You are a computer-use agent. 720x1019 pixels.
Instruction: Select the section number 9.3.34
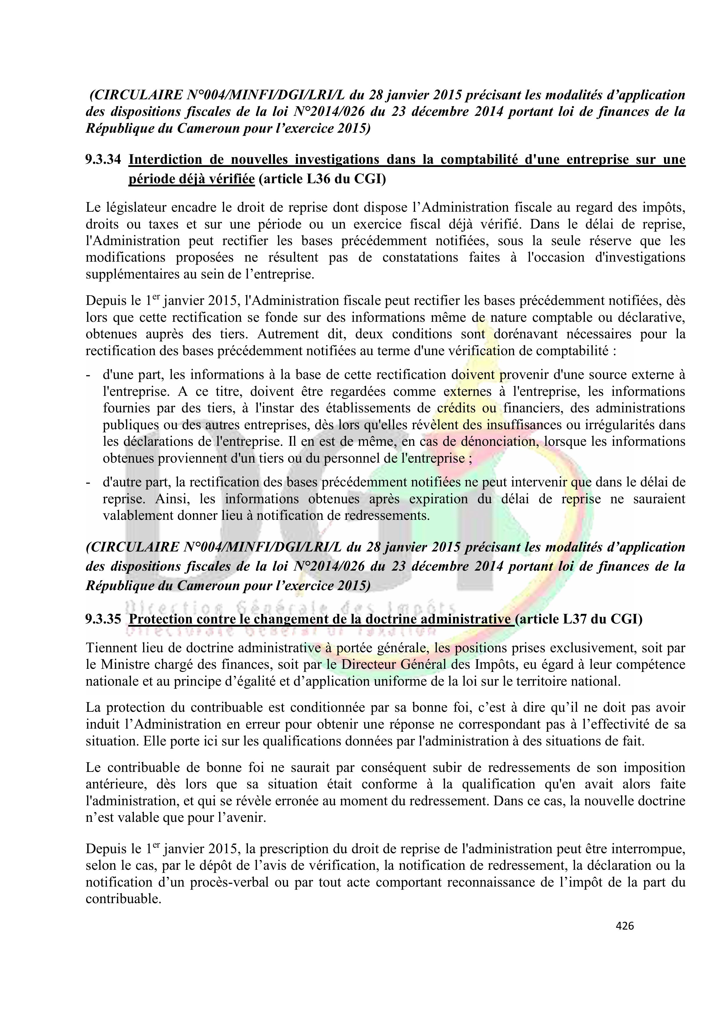click(103, 159)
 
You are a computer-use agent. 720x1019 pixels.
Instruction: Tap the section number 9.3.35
click(103, 619)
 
